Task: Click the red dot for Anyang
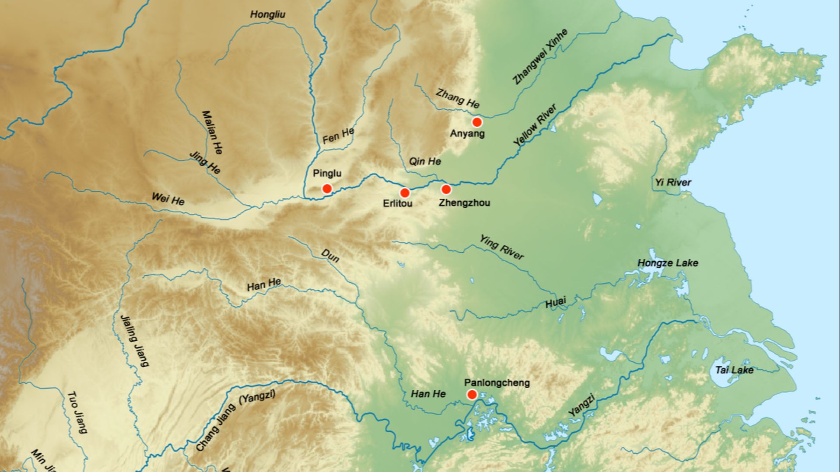click(477, 122)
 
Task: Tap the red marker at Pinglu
click(327, 189)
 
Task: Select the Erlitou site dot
click(405, 193)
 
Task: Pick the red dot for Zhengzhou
click(446, 189)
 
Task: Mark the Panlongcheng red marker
click(472, 395)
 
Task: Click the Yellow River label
click(535, 125)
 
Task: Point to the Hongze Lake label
click(668, 263)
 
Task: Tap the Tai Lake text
click(734, 370)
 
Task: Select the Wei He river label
click(168, 199)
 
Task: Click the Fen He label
click(338, 136)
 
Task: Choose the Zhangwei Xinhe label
click(540, 56)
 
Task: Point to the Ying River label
click(501, 247)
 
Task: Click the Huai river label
click(556, 302)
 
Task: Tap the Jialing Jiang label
click(134, 340)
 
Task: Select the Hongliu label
click(268, 14)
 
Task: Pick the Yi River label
click(673, 182)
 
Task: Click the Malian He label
click(212, 132)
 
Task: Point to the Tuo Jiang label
click(77, 412)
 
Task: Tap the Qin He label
click(425, 161)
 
